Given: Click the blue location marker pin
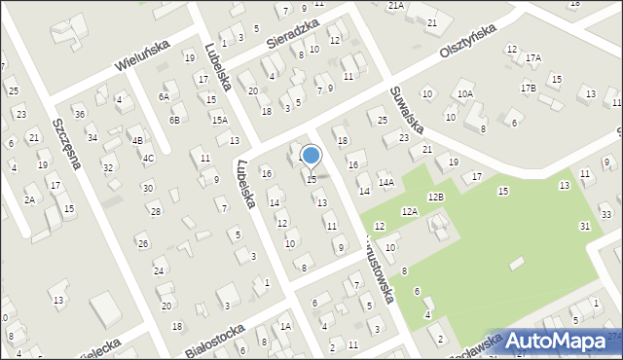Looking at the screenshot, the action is tap(311, 156).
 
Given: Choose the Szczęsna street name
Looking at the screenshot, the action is tap(67, 145).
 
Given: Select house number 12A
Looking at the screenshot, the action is tap(409, 211).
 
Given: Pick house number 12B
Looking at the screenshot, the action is tap(435, 198).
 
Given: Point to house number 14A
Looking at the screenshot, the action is tap(386, 182).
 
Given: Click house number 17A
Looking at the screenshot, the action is tap(533, 58).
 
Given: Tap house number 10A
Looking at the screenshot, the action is tap(465, 93).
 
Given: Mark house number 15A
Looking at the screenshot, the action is tap(220, 120).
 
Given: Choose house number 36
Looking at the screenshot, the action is tap(80, 114).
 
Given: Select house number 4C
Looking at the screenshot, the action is tap(148, 158).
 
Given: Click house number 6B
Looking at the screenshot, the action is tap(174, 120).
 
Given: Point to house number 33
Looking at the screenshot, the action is tap(606, 214).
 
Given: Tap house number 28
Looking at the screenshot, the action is tap(155, 211).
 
